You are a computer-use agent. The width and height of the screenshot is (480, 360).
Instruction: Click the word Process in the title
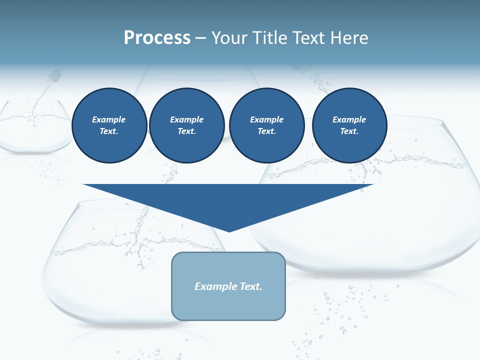[x=157, y=37]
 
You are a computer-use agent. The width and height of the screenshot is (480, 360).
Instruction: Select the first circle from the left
[x=109, y=125]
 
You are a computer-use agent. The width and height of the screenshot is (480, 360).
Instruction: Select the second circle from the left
[x=186, y=125]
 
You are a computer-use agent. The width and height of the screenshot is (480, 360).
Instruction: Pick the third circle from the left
[x=266, y=125]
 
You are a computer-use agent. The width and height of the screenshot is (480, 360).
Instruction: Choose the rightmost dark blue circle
[x=349, y=125]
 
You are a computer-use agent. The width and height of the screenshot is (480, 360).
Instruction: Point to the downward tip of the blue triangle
[x=229, y=231]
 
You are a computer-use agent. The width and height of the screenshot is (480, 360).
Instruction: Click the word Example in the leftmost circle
[x=109, y=119]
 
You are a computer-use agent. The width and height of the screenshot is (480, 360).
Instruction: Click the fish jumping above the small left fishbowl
[x=54, y=76]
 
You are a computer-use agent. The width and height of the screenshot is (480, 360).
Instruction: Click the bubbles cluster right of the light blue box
[x=340, y=305]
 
